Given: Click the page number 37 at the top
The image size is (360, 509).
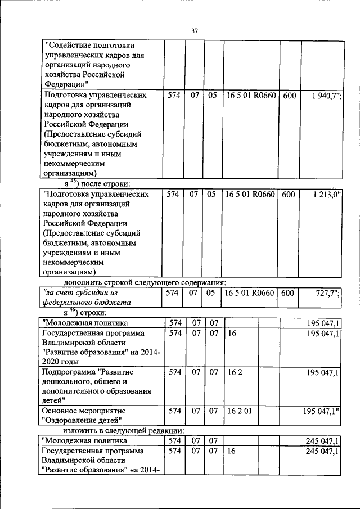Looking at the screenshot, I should [x=194, y=31].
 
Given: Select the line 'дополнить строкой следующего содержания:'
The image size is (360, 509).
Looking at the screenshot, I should [x=145, y=282].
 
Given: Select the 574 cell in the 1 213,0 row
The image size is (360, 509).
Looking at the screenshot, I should [x=173, y=194].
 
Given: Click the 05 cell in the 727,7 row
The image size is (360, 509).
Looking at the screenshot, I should [x=212, y=293].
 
